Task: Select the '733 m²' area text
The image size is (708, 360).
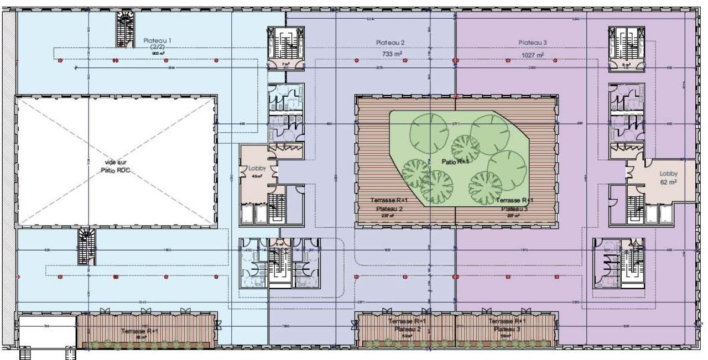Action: pos(391,54)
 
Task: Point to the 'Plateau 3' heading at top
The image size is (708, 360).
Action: pos(533,43)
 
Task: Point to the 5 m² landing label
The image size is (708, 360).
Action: pos(280,244)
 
